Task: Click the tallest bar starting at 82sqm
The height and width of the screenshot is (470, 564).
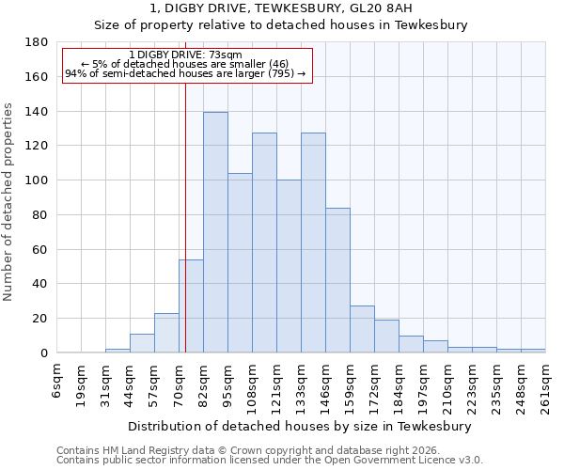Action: coord(215,232)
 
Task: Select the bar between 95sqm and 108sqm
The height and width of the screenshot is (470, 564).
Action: coord(240,263)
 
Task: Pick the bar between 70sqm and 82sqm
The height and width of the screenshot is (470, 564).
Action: coord(191,305)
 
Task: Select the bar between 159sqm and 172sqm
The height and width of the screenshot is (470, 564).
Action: coord(362,329)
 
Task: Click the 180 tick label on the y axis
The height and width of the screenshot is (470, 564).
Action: coord(38,42)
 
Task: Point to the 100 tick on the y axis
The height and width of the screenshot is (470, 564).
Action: coord(38,180)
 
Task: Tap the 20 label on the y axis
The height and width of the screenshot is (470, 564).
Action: coord(41,319)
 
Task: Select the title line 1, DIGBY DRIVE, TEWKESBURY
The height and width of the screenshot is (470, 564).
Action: coord(281,8)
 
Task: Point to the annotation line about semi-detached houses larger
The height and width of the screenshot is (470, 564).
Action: coord(185,73)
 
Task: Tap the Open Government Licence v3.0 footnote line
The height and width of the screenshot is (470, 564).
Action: coord(270,461)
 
